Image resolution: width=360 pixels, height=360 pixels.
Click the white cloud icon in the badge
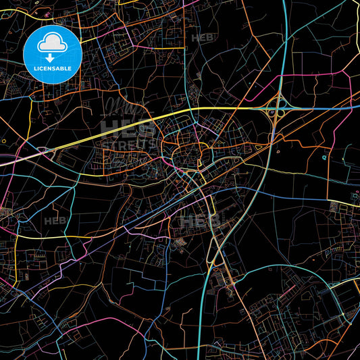pyautogui.click(x=52, y=43)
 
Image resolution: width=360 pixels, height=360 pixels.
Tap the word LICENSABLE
pyautogui.click(x=52, y=68)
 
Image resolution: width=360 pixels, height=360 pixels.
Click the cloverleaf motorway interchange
pyautogui.click(x=276, y=108)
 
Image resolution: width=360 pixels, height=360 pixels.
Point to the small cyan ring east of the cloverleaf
pyautogui.click(x=324, y=157)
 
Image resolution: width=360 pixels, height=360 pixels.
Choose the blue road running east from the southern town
pyautogui.click(x=284, y=196)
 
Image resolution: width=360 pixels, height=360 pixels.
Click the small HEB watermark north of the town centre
pyautogui.click(x=202, y=38)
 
